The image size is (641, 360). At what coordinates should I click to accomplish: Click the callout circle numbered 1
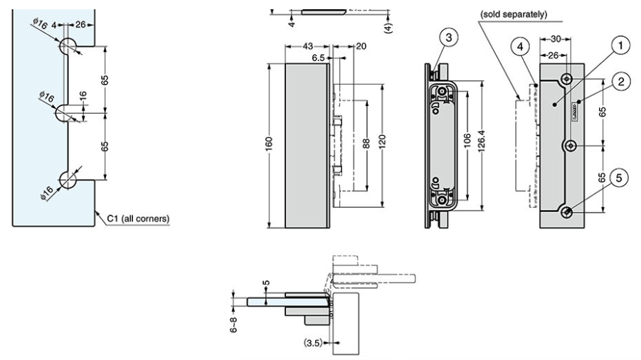(621, 46)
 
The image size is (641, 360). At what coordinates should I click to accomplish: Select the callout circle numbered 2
(621, 83)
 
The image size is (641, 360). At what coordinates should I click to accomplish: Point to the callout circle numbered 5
(620, 178)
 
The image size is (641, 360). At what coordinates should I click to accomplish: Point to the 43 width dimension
(307, 46)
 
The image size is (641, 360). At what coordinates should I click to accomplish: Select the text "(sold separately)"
(513, 14)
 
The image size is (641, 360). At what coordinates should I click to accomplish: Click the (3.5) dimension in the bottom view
(311, 342)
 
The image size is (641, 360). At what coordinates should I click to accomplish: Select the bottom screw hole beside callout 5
(568, 213)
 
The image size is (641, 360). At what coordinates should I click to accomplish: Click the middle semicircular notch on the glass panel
(66, 112)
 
